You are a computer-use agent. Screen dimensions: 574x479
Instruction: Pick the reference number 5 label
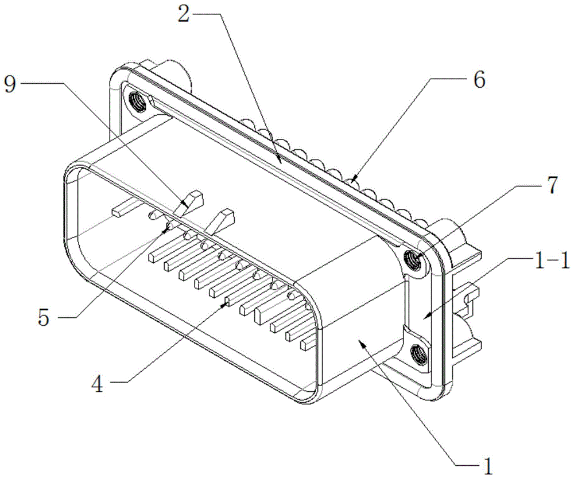coord(44,317)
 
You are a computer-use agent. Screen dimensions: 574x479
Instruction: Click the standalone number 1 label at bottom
coord(487,465)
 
